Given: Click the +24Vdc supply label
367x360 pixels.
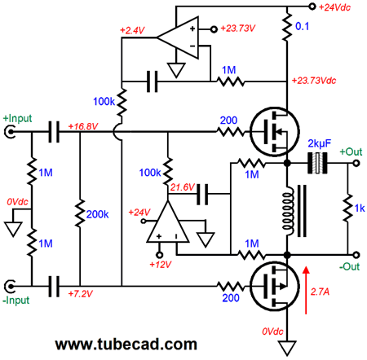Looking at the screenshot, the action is coord(334,7).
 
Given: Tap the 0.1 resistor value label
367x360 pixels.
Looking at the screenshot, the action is coord(302,26).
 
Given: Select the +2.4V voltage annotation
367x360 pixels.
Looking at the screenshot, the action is coord(132,30).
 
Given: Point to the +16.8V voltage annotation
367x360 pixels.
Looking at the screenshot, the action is coord(83,126).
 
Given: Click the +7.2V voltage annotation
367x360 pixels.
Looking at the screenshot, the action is coord(81,294).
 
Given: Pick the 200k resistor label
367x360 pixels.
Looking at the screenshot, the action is coord(97,214).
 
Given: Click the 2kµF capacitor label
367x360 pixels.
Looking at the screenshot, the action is coord(320,143).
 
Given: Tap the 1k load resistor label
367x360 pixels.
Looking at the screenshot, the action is coord(360,209).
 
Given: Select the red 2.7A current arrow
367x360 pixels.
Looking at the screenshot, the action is coord(306,290).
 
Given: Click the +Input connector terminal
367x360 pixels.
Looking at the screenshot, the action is coord(10,132).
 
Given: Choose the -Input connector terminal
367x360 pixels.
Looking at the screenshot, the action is coord(10,286).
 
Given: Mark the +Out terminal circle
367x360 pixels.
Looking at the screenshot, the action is coord(356,163).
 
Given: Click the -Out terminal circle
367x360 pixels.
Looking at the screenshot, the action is coord(356,255).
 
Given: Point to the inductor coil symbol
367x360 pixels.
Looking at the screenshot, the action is coord(289,211).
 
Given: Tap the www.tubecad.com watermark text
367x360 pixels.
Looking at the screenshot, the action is coord(126,344).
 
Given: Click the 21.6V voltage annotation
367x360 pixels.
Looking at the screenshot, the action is coord(183,187).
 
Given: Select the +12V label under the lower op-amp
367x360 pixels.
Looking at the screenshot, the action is coord(161,264).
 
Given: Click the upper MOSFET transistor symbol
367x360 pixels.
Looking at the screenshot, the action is coord(275,132).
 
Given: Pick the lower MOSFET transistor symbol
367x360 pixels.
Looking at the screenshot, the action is coord(275,286).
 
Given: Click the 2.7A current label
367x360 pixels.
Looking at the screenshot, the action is coord(320,292).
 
